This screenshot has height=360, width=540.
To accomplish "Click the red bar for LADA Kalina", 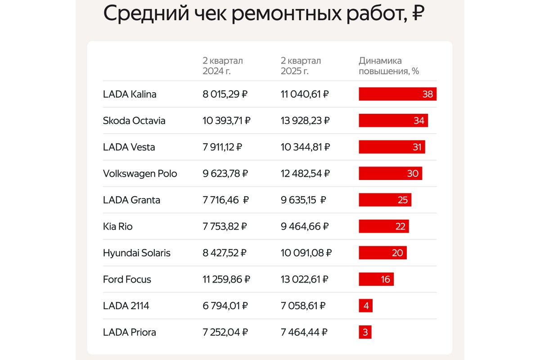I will pyautogui.click(x=397, y=94).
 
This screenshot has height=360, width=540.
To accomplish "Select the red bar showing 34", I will pyautogui.click(x=393, y=121).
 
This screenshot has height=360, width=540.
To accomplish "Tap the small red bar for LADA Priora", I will pyautogui.click(x=365, y=333).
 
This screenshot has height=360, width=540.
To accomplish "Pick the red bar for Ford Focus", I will pyautogui.click(x=376, y=279).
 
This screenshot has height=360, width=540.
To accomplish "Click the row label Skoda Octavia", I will pyautogui.click(x=134, y=121).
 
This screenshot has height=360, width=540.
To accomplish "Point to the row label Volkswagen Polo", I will pyautogui.click(x=140, y=174).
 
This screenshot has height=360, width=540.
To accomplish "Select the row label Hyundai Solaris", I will pyautogui.click(x=137, y=253).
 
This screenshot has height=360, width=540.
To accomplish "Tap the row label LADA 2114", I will pyautogui.click(x=126, y=306).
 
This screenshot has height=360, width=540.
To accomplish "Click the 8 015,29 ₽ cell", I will pyautogui.click(x=225, y=94).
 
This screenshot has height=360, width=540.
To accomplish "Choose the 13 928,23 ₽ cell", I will pyautogui.click(x=305, y=121).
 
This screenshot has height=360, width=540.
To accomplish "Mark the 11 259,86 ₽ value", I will pyautogui.click(x=226, y=279).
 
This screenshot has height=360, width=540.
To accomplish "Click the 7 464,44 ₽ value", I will pyautogui.click(x=304, y=333).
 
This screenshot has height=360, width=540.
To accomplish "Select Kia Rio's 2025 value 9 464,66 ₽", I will pyautogui.click(x=305, y=227).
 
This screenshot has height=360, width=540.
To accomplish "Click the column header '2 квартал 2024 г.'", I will pyautogui.click(x=223, y=66).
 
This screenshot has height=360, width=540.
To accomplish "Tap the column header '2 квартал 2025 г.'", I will pyautogui.click(x=301, y=66).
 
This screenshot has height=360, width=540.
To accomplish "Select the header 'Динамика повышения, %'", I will pyautogui.click(x=389, y=66).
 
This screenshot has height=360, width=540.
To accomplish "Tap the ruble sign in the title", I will pyautogui.click(x=418, y=14).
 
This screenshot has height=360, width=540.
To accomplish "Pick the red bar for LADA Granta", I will pyautogui.click(x=385, y=200).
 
